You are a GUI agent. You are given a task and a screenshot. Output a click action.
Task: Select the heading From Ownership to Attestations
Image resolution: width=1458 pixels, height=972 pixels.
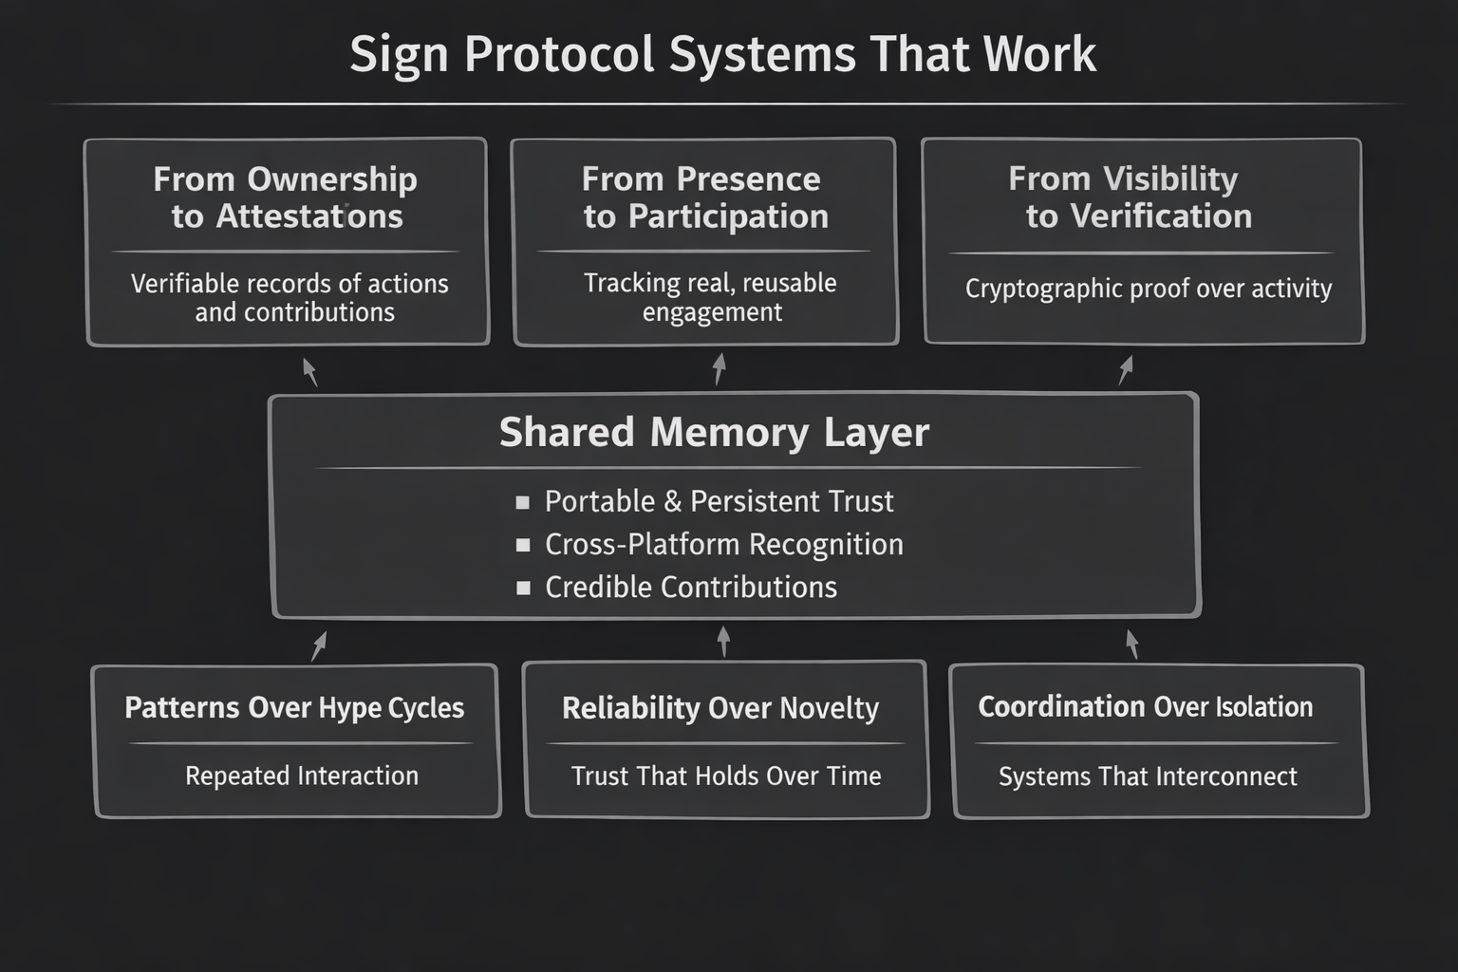point(287,197)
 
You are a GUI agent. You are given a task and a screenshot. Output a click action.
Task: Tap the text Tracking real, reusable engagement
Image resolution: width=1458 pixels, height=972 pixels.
point(711,297)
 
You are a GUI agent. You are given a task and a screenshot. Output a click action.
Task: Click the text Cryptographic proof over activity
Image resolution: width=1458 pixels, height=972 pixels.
point(1149,289)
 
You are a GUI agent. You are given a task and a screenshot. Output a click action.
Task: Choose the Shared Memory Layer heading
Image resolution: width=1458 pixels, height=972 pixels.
point(714,432)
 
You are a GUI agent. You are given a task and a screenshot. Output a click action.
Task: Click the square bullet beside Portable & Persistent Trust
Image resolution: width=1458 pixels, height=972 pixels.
point(523,502)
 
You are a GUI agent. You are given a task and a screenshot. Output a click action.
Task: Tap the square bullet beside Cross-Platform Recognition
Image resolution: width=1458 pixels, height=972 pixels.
point(523,545)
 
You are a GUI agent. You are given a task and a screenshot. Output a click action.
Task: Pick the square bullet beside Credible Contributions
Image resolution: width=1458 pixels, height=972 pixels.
point(523,588)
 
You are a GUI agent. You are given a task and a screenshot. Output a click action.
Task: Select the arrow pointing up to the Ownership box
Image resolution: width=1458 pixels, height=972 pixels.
point(309,371)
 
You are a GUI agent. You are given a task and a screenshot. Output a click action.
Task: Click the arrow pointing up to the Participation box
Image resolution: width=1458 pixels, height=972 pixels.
point(720,368)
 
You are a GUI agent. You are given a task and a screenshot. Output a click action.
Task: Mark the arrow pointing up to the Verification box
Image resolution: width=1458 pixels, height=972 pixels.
point(1126,369)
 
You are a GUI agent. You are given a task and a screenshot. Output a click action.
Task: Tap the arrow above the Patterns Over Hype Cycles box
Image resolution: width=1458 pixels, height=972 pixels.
point(320,645)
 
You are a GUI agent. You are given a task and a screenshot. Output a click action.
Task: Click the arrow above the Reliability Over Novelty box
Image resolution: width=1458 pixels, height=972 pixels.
point(723,641)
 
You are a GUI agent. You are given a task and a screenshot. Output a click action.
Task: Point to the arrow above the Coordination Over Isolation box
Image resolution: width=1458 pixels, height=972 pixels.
point(1131,644)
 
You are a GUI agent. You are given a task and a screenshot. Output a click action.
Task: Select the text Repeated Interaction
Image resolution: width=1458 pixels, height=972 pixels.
point(302,776)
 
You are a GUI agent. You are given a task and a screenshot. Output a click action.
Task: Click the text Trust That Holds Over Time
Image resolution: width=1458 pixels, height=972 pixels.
point(726,776)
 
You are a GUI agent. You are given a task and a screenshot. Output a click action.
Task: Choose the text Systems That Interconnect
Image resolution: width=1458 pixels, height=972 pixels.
point(1148,776)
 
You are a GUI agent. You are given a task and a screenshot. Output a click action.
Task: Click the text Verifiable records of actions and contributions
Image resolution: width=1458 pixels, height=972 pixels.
point(290,297)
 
